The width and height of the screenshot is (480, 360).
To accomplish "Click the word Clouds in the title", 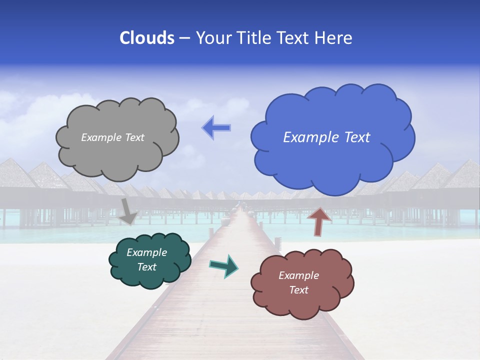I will [147, 37].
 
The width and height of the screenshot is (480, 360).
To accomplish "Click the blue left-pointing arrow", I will [216, 128].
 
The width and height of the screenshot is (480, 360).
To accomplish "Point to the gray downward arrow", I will [128, 210].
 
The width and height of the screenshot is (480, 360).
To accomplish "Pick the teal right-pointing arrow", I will [224, 266].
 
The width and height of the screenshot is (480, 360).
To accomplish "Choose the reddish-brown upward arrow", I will [319, 220].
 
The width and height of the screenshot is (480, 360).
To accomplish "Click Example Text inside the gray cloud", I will [112, 137].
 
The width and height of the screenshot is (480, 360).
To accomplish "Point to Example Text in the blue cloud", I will [326, 137].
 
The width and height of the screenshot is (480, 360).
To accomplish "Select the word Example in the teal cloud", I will [146, 252].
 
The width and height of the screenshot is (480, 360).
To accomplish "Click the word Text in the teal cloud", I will [146, 267].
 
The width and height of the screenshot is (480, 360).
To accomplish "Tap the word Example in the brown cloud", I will [298, 275].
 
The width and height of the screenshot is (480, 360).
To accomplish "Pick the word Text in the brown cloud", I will [298, 290].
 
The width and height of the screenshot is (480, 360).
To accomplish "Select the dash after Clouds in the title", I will [184, 38].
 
